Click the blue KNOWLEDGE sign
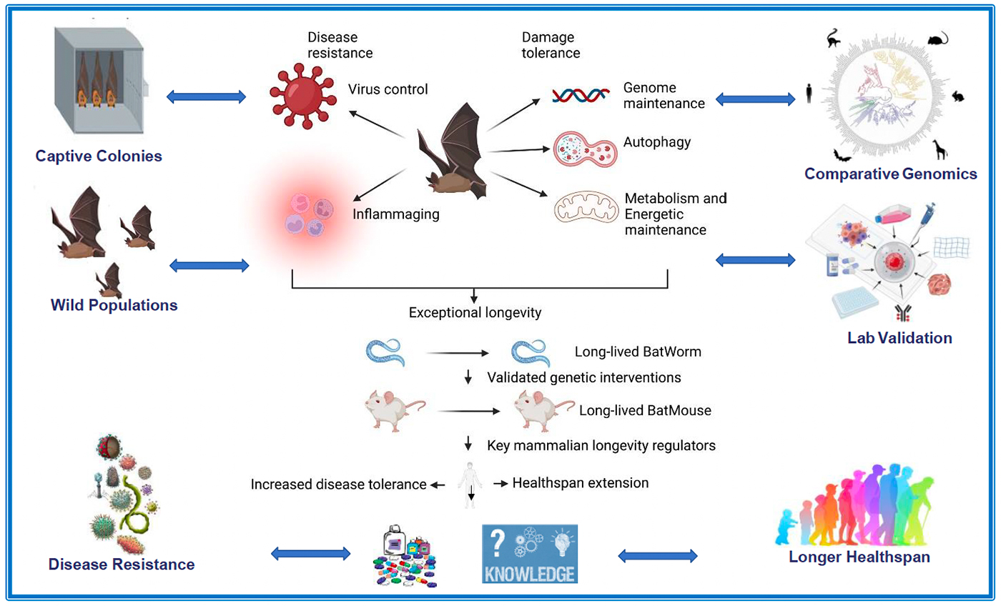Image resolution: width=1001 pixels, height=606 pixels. (x=530, y=554)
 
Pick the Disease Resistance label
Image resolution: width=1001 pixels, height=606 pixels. (x=122, y=565)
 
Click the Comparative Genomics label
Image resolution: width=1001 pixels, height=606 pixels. (x=890, y=173)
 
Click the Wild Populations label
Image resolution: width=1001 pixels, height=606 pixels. (x=114, y=305)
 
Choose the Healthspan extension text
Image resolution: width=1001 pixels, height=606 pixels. (x=581, y=483)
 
